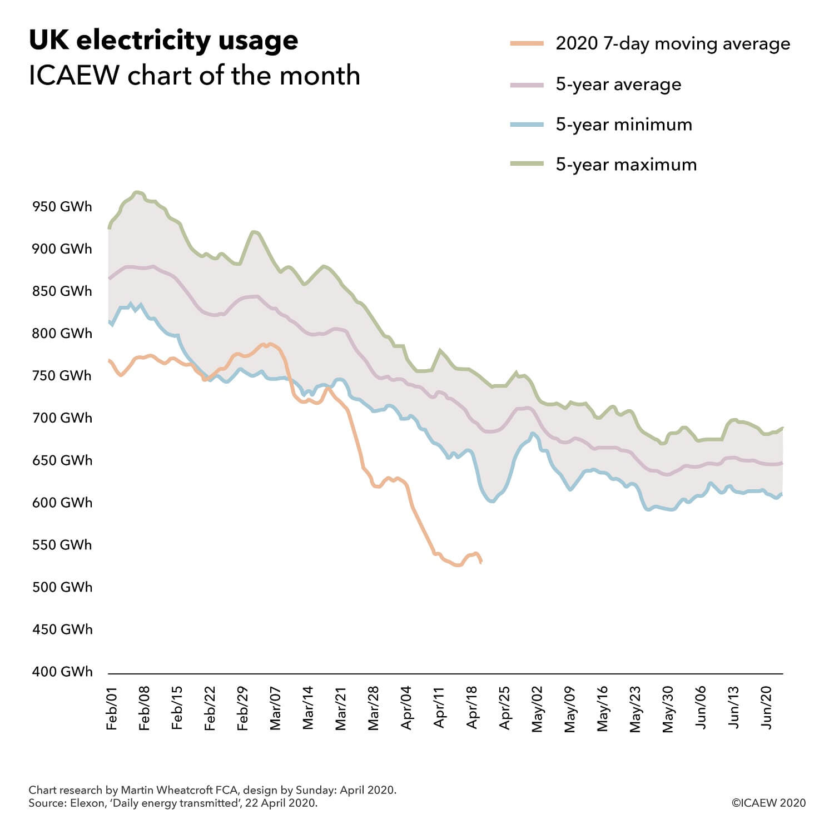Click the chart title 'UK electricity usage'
[x=163, y=41]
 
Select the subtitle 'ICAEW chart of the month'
[x=194, y=76]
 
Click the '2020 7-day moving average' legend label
[x=673, y=44]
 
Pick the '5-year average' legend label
[x=618, y=85]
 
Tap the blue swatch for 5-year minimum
[x=527, y=125]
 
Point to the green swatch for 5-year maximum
[x=527, y=165]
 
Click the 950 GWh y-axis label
[x=62, y=207]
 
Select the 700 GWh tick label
[x=62, y=418]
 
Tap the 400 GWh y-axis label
[x=62, y=672]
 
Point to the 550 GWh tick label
[x=62, y=545]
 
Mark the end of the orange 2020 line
[x=481, y=563]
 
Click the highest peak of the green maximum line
[x=137, y=192]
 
